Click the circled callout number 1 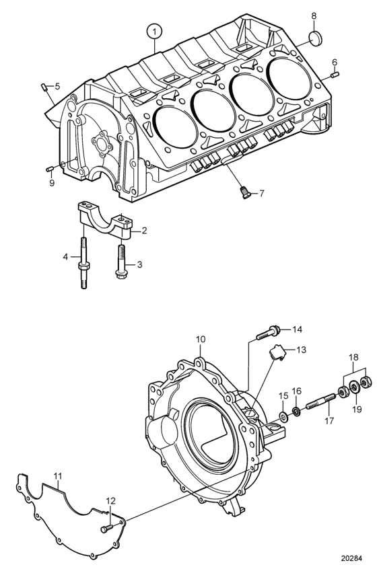155,32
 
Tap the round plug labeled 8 314,38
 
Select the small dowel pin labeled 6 335,75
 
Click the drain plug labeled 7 244,192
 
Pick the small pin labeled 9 50,168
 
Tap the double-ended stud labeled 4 83,264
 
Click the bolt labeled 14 266,333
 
